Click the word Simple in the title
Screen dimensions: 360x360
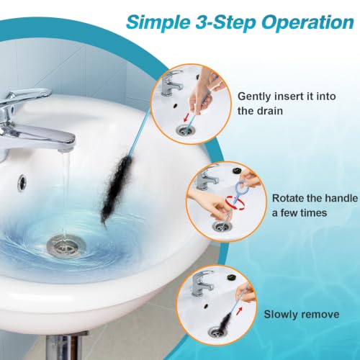point(158,22)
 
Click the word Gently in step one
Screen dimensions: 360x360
point(254,96)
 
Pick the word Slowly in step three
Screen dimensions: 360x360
point(279,315)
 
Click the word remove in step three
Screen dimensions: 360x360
point(318,315)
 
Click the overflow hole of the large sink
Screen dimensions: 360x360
point(22,183)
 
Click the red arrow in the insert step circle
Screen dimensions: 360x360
point(186,117)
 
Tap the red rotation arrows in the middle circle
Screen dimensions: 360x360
point(235,204)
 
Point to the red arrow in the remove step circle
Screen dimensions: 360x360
point(239,311)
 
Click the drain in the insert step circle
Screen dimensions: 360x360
point(185,130)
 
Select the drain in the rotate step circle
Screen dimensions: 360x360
point(222,226)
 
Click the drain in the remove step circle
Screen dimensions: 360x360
point(218,332)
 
